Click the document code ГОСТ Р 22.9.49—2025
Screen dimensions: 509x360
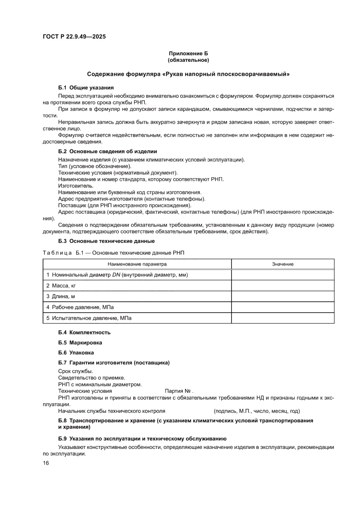pos(74,37)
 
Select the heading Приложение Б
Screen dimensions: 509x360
pos(188,53)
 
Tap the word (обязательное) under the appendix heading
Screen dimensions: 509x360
pos(188,60)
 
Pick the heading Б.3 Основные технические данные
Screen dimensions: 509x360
pos(106,241)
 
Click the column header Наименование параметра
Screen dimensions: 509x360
pos(137,264)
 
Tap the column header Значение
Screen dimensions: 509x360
pos(283,264)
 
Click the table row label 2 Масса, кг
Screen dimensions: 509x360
pos(64,286)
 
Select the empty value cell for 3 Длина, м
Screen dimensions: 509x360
pos(283,297)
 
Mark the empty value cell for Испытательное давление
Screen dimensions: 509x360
pos(283,318)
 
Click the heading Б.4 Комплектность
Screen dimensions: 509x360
pos(84,332)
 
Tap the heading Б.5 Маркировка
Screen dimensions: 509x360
pos(80,343)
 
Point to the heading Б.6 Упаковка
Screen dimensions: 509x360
pos(76,353)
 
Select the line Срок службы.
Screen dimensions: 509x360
pos(75,371)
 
